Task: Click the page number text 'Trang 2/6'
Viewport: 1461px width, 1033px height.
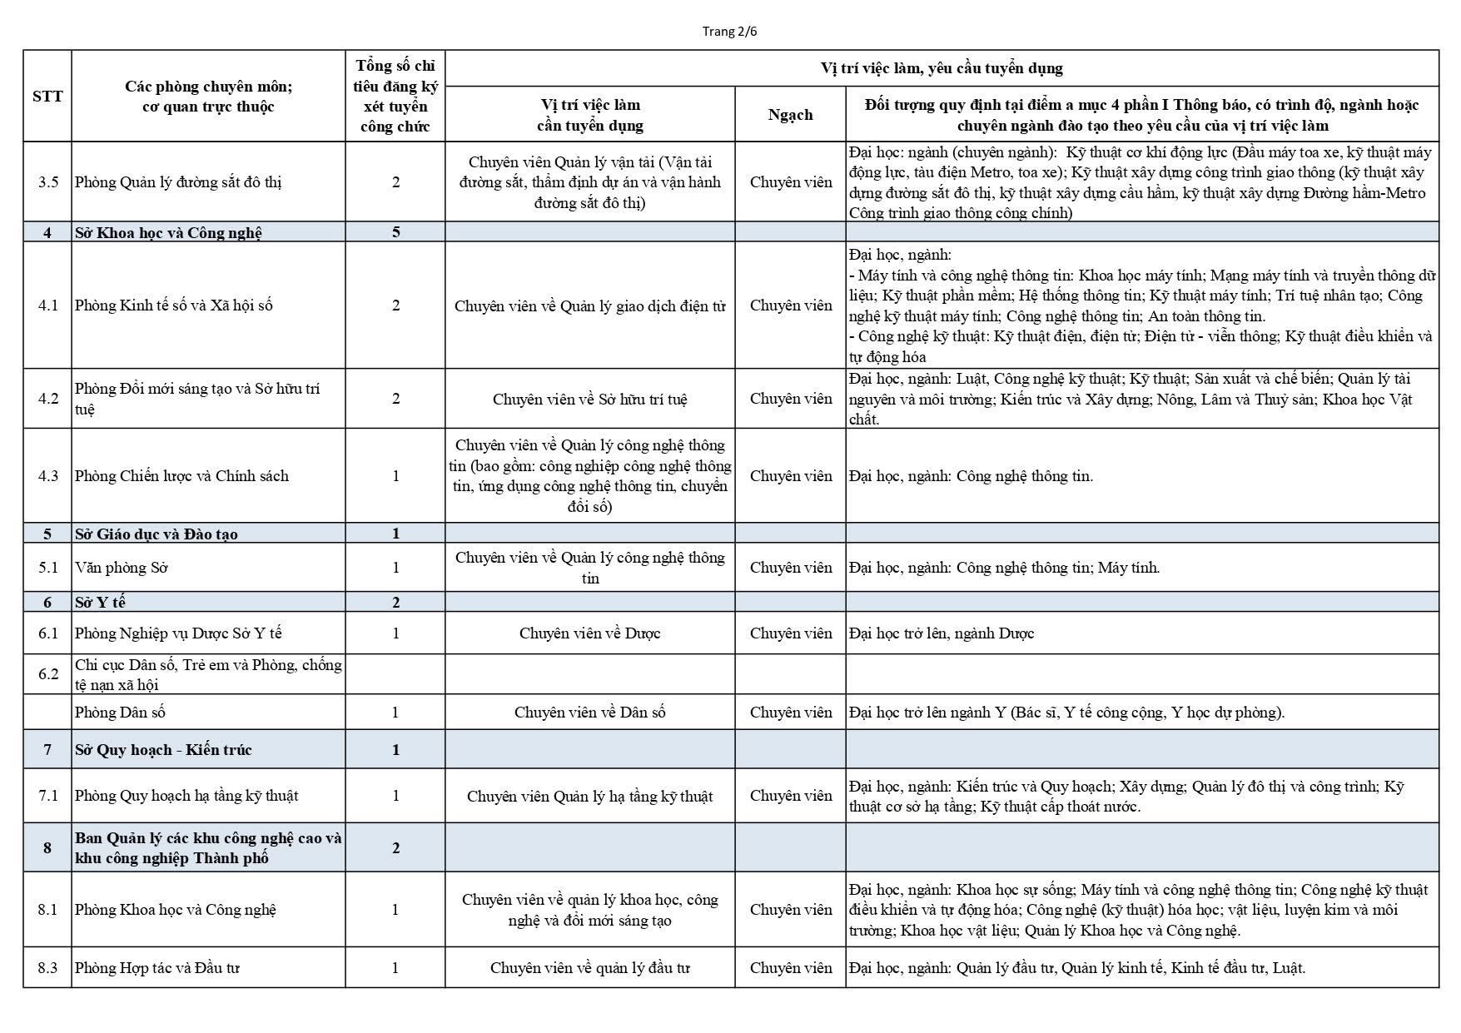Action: coord(729,32)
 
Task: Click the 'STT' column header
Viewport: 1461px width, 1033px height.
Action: coord(47,96)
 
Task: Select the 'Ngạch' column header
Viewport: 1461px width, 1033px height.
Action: coord(790,115)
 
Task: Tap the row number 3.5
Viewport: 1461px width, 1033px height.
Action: coord(47,182)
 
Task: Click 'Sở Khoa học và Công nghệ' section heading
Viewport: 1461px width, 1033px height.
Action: coord(168,232)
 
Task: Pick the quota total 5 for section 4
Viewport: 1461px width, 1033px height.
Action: coord(395,232)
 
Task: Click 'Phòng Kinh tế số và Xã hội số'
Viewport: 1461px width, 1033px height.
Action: coord(174,305)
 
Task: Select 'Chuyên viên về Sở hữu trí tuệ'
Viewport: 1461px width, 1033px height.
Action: coord(589,399)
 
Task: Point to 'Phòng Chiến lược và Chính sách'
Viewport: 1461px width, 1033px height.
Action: coord(181,476)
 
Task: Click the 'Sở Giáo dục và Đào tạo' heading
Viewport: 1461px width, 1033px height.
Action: coord(157,534)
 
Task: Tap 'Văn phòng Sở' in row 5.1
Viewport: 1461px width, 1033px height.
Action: coord(122,568)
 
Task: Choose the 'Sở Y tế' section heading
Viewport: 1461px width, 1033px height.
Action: coord(100,602)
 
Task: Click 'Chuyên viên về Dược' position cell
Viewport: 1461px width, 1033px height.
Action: coord(589,633)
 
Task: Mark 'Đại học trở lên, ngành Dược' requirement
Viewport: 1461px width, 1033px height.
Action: coord(942,633)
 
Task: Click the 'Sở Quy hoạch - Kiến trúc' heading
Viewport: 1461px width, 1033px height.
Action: coord(163,750)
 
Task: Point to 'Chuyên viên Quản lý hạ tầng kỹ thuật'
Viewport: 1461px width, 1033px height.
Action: coord(589,797)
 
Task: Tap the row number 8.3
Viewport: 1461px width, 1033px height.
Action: coord(47,968)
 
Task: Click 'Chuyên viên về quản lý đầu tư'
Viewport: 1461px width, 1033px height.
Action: coord(589,968)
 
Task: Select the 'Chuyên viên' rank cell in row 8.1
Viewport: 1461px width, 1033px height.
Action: coord(790,910)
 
